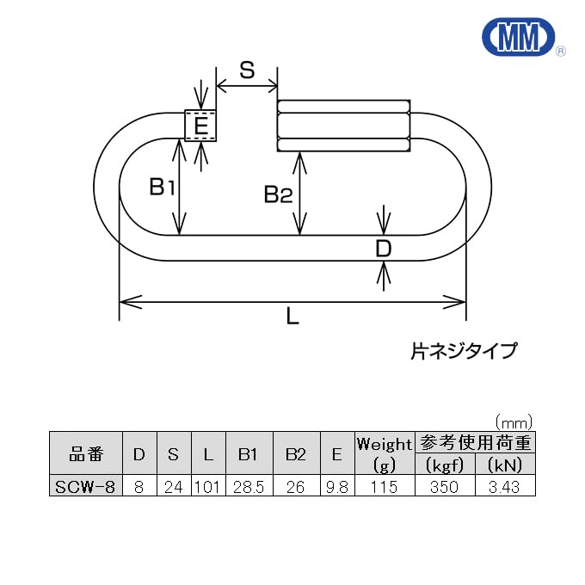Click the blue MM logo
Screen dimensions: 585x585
coord(519,38)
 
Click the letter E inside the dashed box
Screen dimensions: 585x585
coord(200,127)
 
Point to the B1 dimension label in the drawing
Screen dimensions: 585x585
coord(162,186)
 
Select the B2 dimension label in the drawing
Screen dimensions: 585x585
coord(278,195)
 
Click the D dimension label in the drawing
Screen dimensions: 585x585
coord(384,249)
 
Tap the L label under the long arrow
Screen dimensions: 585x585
coord(292,317)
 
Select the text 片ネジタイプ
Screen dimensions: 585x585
coord(464,351)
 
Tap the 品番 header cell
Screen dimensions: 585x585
coord(86,454)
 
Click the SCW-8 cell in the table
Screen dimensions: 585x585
coord(86,487)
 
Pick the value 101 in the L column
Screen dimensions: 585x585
coord(207,487)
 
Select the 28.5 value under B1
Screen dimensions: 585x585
coord(249,487)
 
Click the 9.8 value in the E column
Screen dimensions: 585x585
coord(337,487)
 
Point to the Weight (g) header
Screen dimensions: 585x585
coord(385,454)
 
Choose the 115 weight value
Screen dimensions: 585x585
coord(385,487)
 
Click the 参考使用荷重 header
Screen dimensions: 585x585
coord(475,443)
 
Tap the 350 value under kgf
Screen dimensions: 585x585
coord(445,487)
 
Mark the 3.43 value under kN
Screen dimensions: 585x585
coord(504,487)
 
